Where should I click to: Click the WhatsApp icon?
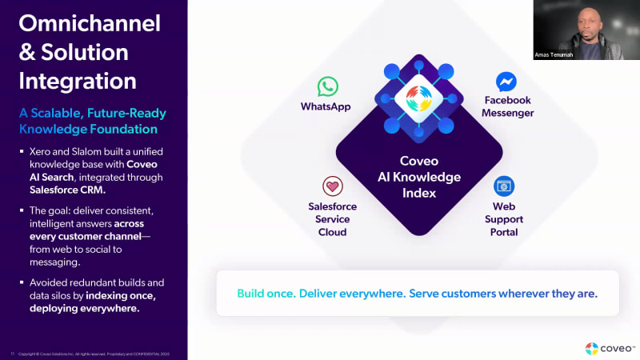[x=327, y=86]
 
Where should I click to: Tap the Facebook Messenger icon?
[x=506, y=82]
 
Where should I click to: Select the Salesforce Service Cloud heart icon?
[x=333, y=186]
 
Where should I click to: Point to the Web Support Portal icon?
[x=504, y=186]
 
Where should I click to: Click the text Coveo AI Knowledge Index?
[x=419, y=176]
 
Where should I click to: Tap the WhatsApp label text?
[x=326, y=106]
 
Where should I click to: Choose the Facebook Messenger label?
[x=508, y=106]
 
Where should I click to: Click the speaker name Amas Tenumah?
[x=554, y=55]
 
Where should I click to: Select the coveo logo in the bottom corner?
[x=610, y=348]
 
